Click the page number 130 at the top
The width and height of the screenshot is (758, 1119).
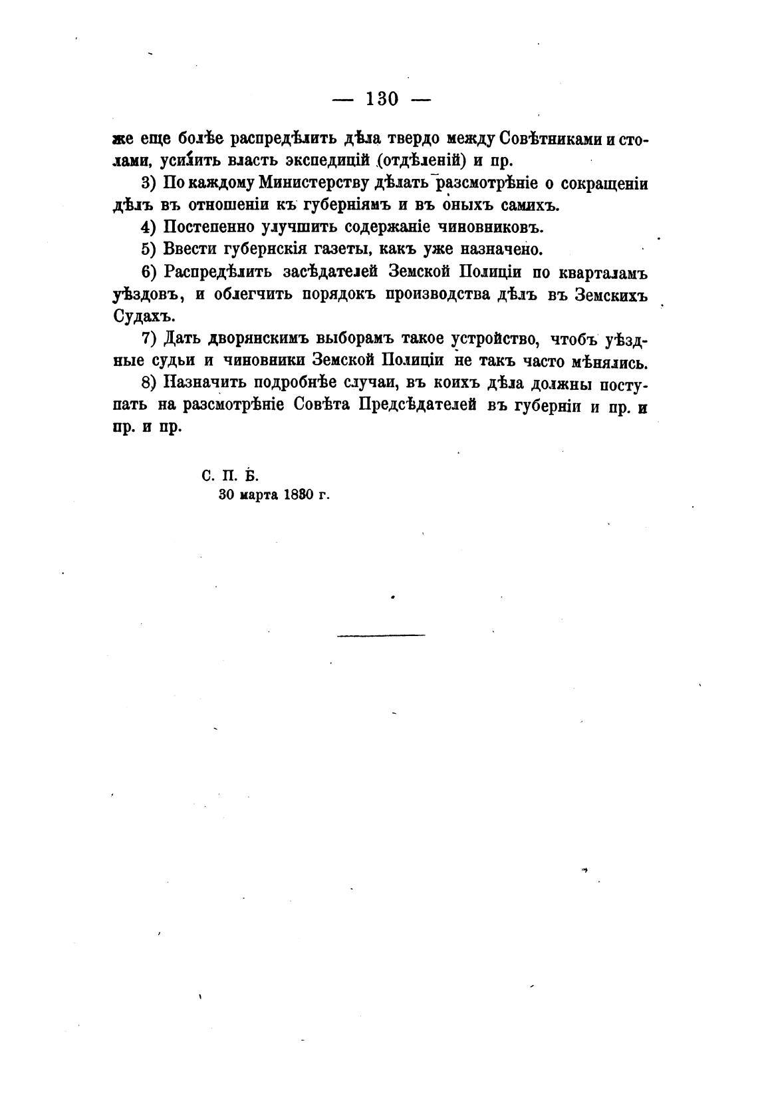[x=382, y=100]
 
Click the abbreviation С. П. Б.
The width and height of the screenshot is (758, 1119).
[x=229, y=476]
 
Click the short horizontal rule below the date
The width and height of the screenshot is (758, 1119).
[x=381, y=635]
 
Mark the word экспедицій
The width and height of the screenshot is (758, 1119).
[x=322, y=161]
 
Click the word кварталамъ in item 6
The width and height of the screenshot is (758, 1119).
[x=603, y=272]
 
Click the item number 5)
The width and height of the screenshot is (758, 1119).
[x=148, y=250]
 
